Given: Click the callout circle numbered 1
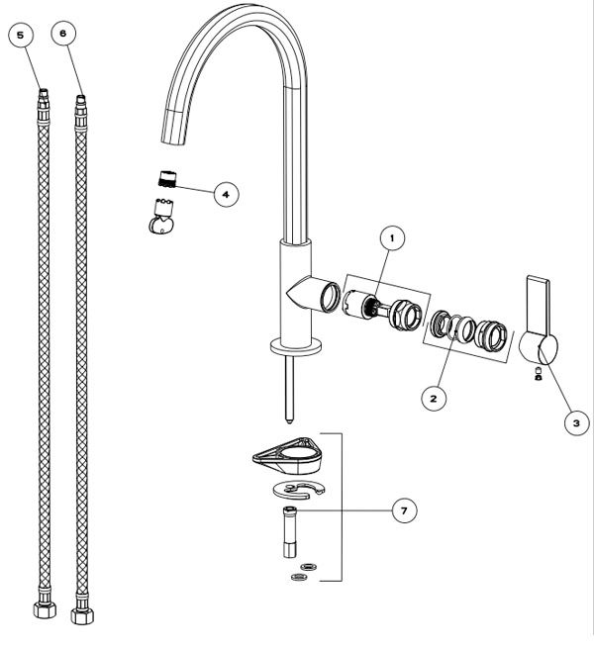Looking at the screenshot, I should point(393,238).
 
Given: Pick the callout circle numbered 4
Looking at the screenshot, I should point(226,194).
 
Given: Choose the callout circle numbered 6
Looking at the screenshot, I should point(64,34).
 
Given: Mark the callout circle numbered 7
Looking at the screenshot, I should point(402,510).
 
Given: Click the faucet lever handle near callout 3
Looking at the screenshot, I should point(538,326).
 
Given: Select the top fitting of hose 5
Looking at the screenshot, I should point(43,99).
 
